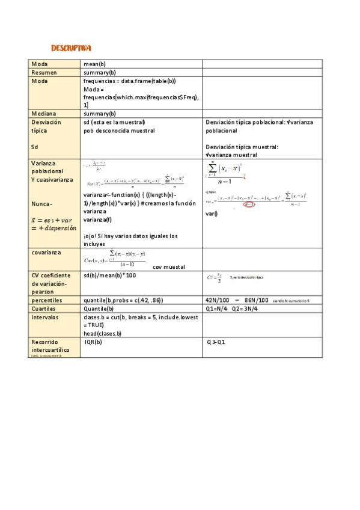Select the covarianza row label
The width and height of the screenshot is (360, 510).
click(x=46, y=253)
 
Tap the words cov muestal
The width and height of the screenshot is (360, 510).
click(x=169, y=267)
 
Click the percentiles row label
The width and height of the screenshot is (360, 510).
click(x=47, y=300)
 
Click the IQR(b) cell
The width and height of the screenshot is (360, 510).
click(x=93, y=342)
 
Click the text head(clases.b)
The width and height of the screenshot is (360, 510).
click(x=102, y=333)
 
